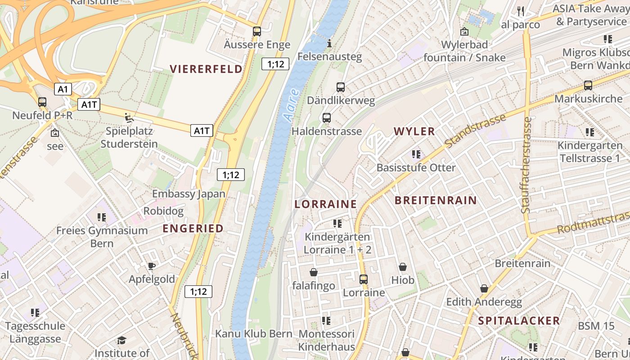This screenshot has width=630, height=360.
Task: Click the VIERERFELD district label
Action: [206, 69]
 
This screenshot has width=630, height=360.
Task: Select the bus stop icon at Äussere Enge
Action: [257, 31]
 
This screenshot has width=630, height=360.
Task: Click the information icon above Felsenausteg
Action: [329, 44]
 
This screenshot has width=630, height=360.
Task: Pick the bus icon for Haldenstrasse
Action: [327, 118]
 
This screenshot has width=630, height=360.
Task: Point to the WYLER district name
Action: [414, 131]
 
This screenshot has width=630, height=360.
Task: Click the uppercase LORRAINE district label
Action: [325, 204]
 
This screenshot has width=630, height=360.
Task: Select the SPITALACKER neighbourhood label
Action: [519, 320]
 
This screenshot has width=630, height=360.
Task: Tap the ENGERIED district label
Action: [193, 229]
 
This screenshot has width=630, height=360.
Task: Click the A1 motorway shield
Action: [63, 89]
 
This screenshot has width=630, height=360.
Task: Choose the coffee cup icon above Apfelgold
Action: [152, 266]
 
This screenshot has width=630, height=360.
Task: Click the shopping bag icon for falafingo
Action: [314, 272]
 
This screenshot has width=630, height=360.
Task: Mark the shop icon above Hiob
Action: [402, 267]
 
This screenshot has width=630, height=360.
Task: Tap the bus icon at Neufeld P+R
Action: [42, 102]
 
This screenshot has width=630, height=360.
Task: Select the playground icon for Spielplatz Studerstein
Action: [129, 118]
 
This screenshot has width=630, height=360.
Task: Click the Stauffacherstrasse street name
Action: [527, 165]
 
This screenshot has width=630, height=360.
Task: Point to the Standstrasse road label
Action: [476, 130]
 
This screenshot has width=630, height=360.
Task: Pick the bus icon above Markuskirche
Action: [588, 85]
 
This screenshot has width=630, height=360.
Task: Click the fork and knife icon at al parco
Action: [521, 11]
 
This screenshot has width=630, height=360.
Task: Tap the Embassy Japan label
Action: [189, 194]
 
